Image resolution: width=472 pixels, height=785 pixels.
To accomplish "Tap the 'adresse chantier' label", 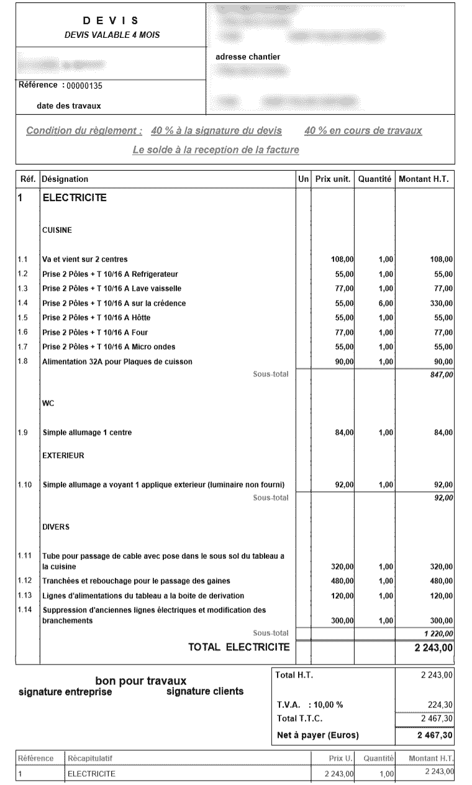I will click(247, 57).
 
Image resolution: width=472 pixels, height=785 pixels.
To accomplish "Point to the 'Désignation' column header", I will click(65, 179).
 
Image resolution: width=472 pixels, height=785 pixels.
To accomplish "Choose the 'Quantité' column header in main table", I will click(374, 179).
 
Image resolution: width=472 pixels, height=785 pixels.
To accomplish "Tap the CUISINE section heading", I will click(57, 230).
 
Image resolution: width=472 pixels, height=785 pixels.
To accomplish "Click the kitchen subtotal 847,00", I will click(442, 374).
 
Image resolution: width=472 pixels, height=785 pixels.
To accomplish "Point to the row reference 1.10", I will click(24, 484).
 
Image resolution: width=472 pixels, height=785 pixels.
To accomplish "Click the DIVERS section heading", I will click(55, 527).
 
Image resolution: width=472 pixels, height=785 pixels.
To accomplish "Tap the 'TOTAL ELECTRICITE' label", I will click(239, 647).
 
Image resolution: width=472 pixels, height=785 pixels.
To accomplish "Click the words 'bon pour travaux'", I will click(140, 681).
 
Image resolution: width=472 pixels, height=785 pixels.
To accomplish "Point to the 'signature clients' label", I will click(205, 692).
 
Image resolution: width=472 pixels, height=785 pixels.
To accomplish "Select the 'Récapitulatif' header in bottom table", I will click(89, 758).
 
